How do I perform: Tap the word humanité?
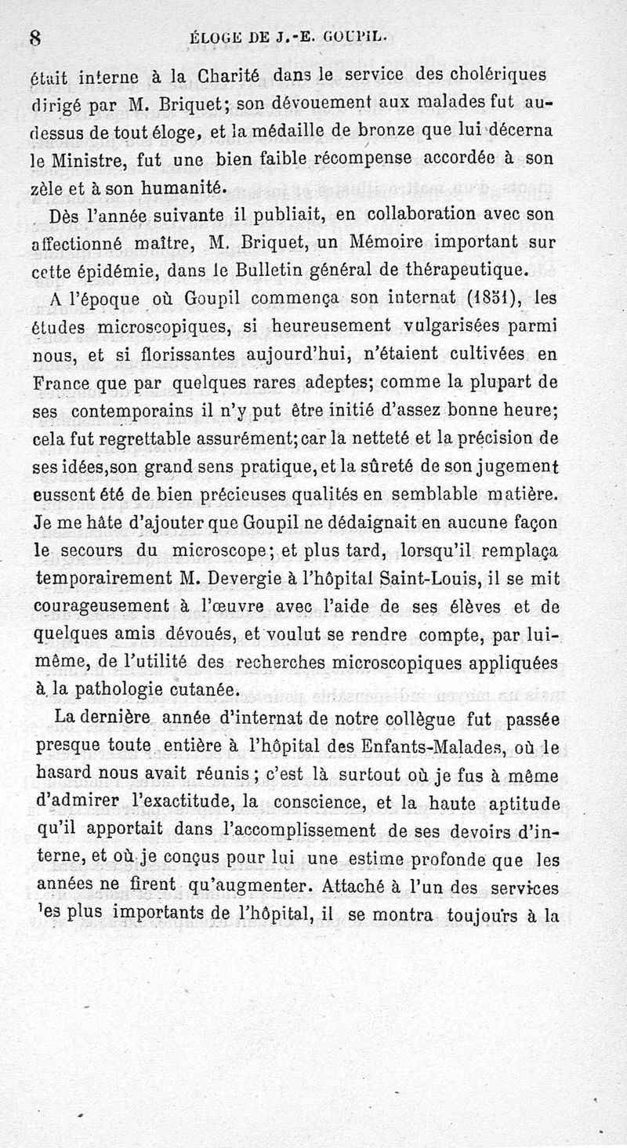[x=184, y=187]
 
